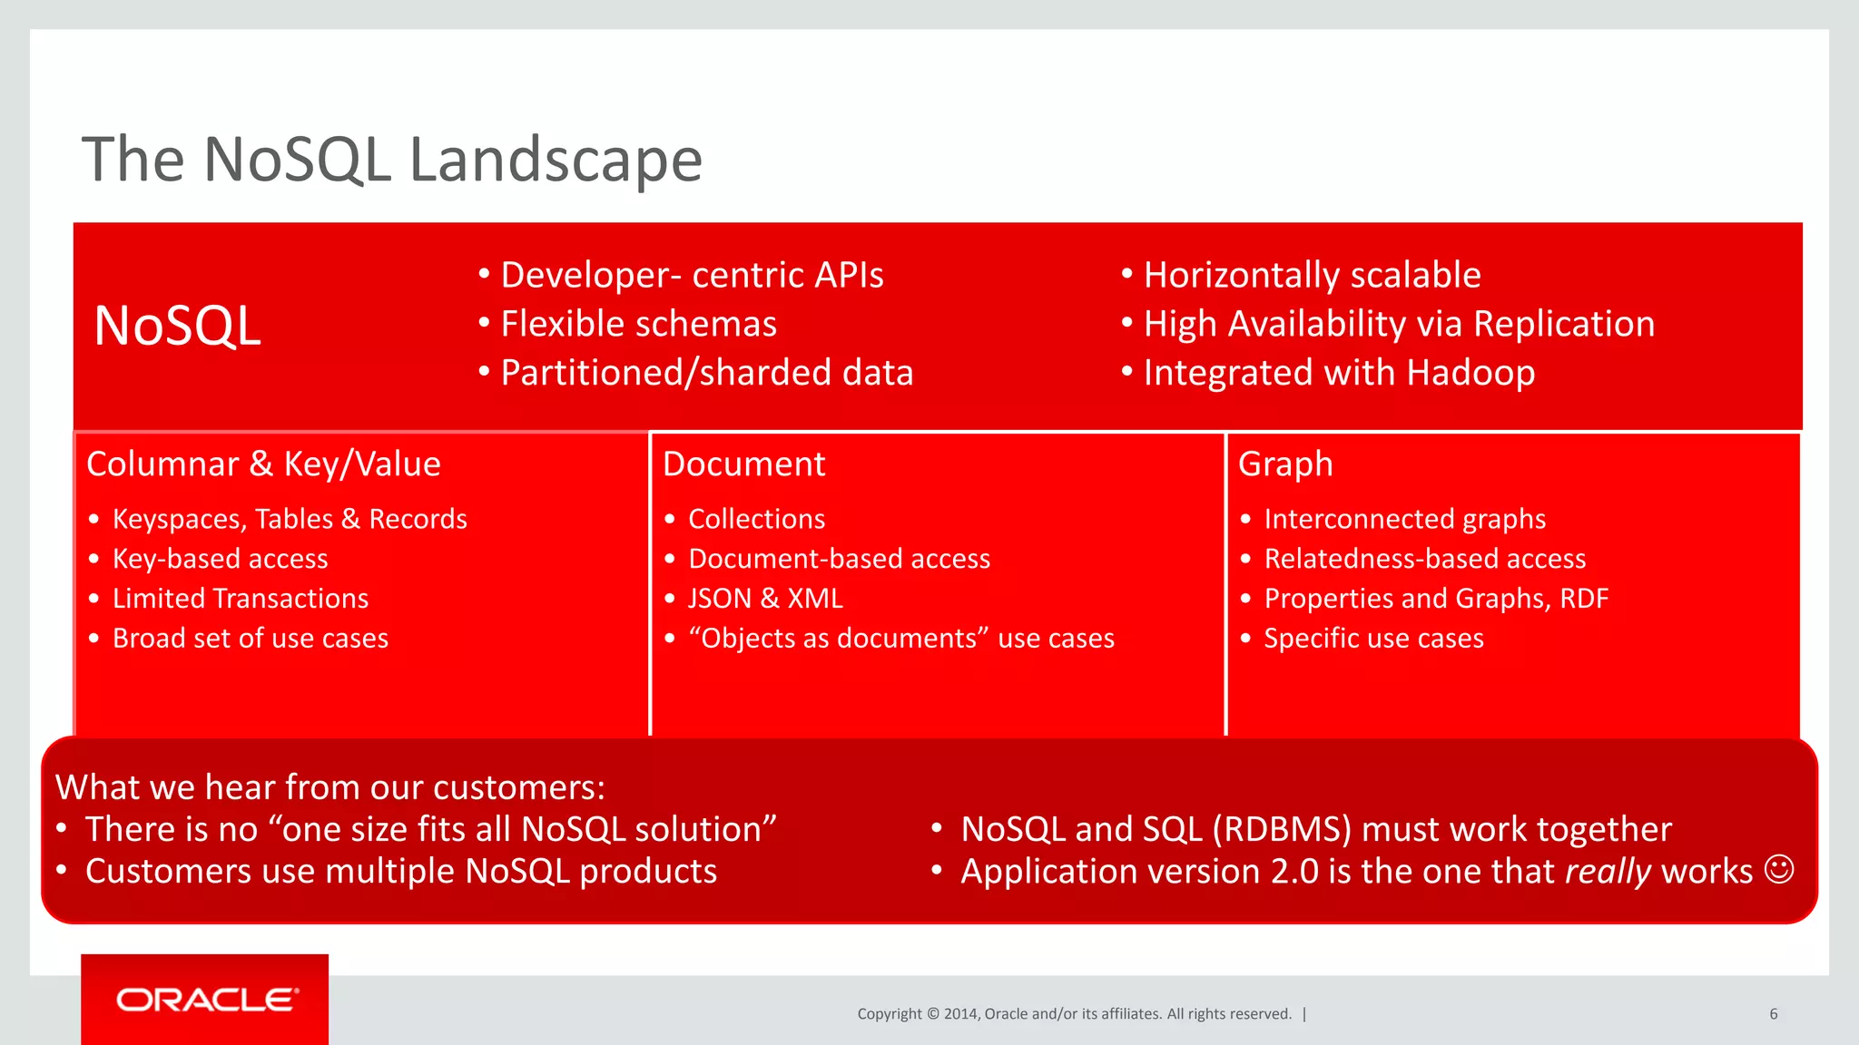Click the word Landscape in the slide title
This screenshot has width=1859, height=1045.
(x=556, y=160)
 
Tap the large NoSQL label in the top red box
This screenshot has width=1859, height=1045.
(x=178, y=326)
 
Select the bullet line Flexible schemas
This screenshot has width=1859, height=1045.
(x=638, y=324)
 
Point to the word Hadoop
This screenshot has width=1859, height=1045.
(x=1470, y=373)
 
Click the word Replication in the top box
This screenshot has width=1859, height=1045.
(x=1563, y=324)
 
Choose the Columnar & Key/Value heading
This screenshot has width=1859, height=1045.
(x=263, y=464)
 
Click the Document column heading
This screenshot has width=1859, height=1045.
(x=743, y=464)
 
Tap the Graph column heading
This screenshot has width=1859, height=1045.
(x=1285, y=464)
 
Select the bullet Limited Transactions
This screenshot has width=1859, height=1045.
(x=241, y=599)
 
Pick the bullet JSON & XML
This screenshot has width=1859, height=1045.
(x=765, y=599)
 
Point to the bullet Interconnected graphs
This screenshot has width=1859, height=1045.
(x=1404, y=519)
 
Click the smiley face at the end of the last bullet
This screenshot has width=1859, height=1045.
(x=1778, y=869)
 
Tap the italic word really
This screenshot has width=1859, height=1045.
(x=1608, y=872)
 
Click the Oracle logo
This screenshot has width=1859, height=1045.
(x=206, y=1000)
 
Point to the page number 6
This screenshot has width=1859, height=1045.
(x=1773, y=1014)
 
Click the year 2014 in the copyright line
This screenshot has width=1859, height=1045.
(x=961, y=1014)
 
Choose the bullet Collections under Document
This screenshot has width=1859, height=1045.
(x=756, y=519)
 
